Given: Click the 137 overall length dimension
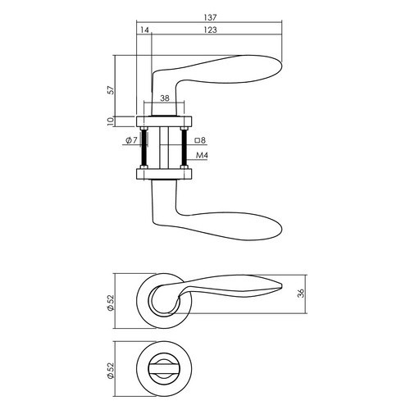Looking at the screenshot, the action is pyautogui.click(x=210, y=17).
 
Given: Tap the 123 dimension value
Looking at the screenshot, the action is pyautogui.click(x=210, y=30).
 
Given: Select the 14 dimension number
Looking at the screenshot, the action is pyautogui.click(x=144, y=30).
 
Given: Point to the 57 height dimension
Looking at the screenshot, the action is pyautogui.click(x=111, y=90).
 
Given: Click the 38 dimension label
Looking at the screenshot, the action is pyautogui.click(x=165, y=98).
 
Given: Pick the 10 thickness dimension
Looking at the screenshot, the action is pyautogui.click(x=111, y=121).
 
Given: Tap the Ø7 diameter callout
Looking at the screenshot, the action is pyautogui.click(x=131, y=140).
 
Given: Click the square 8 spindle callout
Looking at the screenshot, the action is pyautogui.click(x=200, y=140).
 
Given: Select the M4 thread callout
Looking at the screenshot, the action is pyautogui.click(x=203, y=155).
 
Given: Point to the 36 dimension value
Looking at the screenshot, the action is pyautogui.click(x=301, y=294).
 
